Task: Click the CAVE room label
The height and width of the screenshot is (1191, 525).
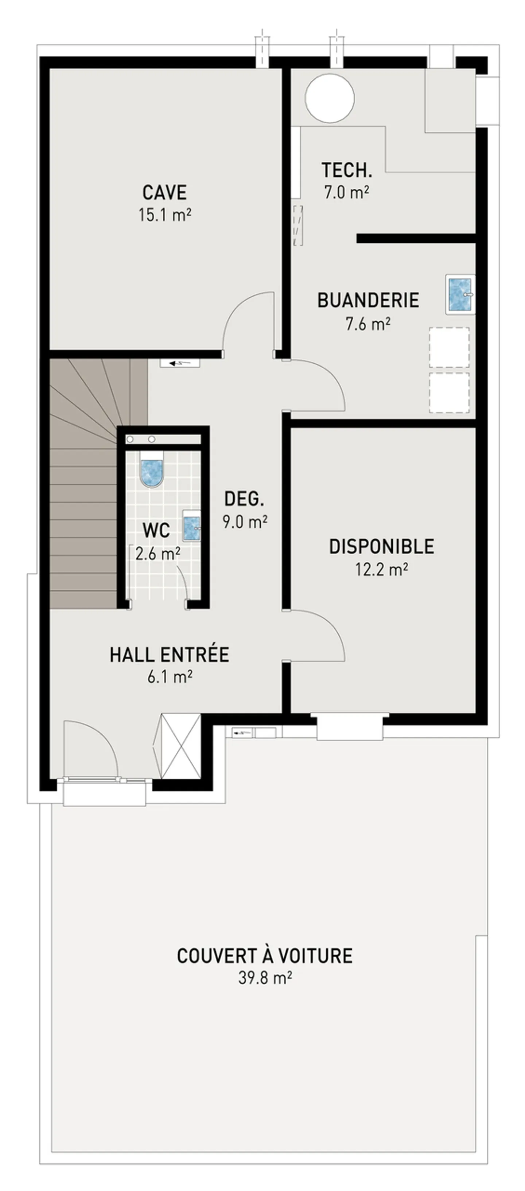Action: click(164, 192)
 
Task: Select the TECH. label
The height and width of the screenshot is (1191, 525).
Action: click(346, 170)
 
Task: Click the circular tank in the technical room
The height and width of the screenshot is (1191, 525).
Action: click(329, 98)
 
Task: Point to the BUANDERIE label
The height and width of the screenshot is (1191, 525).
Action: click(368, 301)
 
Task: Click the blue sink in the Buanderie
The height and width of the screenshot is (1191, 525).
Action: click(460, 294)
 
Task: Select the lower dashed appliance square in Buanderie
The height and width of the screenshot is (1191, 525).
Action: click(449, 392)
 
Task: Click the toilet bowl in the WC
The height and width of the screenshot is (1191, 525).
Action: click(152, 472)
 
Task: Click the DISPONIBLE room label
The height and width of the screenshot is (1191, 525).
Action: click(381, 547)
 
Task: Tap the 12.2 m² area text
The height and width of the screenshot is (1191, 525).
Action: click(381, 569)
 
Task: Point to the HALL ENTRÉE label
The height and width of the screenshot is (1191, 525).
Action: click(169, 655)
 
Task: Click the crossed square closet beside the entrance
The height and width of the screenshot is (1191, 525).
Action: click(180, 746)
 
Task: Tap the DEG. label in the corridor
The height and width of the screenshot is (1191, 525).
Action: click(244, 499)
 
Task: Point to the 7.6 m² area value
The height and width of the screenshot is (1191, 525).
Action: click(368, 324)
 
